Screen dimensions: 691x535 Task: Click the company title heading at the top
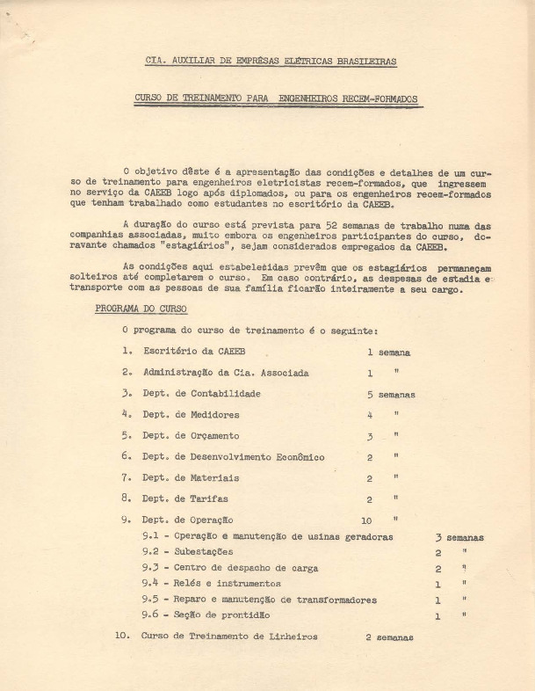(x=271, y=61)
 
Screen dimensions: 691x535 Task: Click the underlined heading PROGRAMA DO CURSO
(x=141, y=309)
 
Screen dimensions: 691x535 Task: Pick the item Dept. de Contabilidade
(x=202, y=394)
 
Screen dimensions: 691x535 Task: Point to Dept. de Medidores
(x=191, y=414)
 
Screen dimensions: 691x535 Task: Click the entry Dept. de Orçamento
(x=191, y=435)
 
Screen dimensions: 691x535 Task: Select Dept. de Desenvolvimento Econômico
(x=233, y=456)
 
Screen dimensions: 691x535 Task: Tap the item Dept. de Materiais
(x=191, y=477)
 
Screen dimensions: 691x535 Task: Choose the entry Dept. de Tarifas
(x=187, y=498)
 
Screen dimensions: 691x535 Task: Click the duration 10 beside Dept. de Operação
(x=366, y=520)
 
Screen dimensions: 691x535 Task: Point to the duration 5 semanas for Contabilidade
(x=390, y=394)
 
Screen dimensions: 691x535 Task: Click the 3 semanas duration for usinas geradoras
(x=459, y=536)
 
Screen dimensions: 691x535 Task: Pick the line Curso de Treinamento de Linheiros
(x=229, y=635)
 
